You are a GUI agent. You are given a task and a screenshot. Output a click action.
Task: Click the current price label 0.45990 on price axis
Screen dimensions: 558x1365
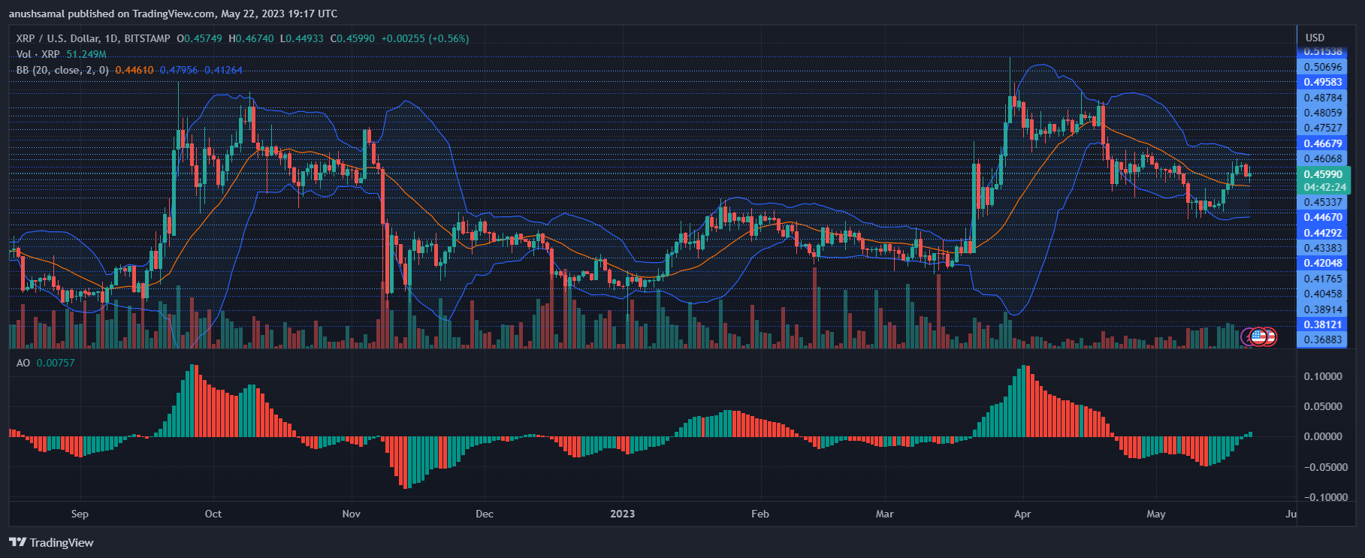(x=1322, y=174)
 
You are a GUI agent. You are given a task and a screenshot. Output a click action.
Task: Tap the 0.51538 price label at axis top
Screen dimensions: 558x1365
(x=1322, y=52)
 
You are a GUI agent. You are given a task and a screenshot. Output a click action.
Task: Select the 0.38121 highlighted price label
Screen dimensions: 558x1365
(x=1322, y=324)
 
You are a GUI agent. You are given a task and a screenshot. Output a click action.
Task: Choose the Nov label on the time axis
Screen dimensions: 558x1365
(x=351, y=514)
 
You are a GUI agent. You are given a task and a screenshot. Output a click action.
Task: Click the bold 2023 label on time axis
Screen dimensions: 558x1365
(x=622, y=514)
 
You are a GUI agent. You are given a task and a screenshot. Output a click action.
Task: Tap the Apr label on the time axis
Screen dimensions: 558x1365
(x=1022, y=514)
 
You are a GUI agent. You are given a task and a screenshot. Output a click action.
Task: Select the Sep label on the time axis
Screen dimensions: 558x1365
(x=80, y=514)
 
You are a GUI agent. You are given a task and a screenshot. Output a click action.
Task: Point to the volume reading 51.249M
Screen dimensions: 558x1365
(x=86, y=54)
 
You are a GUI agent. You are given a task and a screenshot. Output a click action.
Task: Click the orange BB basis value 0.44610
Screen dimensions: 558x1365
(x=134, y=70)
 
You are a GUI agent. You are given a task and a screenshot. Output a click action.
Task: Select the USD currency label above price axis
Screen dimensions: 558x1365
(x=1315, y=38)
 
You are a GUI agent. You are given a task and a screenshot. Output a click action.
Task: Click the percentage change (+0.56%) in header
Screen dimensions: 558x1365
(x=448, y=38)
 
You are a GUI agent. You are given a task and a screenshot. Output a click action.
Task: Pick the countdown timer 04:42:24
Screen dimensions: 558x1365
(x=1324, y=187)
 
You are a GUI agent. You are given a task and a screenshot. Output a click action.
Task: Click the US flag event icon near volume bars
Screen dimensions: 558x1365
(x=1258, y=336)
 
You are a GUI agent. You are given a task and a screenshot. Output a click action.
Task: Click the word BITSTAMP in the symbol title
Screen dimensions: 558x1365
(x=146, y=38)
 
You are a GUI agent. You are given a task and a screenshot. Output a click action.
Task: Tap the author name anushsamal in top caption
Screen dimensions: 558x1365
(x=38, y=14)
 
